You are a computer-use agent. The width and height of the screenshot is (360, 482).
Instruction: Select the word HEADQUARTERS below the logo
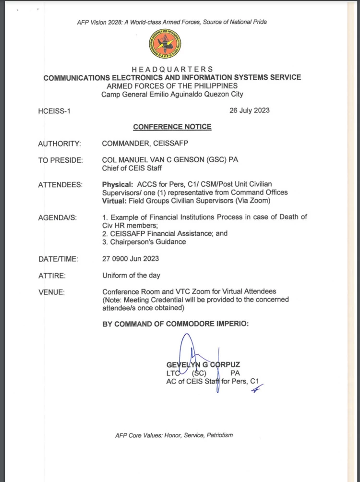[172, 70]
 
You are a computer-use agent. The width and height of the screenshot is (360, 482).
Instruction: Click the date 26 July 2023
[250, 110]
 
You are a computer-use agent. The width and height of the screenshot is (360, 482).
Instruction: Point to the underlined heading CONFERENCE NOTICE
[172, 127]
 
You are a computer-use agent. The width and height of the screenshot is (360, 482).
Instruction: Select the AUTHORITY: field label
[60, 144]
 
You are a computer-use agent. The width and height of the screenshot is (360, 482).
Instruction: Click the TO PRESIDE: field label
[60, 160]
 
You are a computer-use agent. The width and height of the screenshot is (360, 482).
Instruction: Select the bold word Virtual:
[115, 200]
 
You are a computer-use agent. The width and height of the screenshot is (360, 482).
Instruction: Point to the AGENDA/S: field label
[58, 217]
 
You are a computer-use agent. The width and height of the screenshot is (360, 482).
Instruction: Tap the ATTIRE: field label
[52, 276]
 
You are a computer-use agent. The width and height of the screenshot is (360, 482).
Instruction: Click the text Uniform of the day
[131, 276]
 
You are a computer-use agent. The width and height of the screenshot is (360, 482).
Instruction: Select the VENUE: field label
[51, 292]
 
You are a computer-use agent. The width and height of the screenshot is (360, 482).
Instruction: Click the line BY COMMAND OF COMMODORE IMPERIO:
[176, 324]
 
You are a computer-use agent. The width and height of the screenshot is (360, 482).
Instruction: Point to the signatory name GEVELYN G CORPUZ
[203, 365]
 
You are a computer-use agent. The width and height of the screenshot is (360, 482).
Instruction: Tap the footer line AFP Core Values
[174, 435]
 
